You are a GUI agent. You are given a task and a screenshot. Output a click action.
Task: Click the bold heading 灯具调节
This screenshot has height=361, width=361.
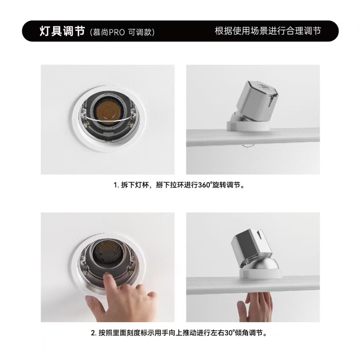pos(63,31)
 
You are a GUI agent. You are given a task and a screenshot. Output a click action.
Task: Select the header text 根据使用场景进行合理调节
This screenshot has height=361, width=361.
pos(268,31)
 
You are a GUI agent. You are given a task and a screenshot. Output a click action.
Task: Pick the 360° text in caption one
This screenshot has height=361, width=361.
pos(205,185)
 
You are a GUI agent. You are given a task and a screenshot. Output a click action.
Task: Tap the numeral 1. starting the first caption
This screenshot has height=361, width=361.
pos(116,185)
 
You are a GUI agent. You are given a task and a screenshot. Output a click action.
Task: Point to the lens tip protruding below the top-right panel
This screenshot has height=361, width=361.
pos(247,147)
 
